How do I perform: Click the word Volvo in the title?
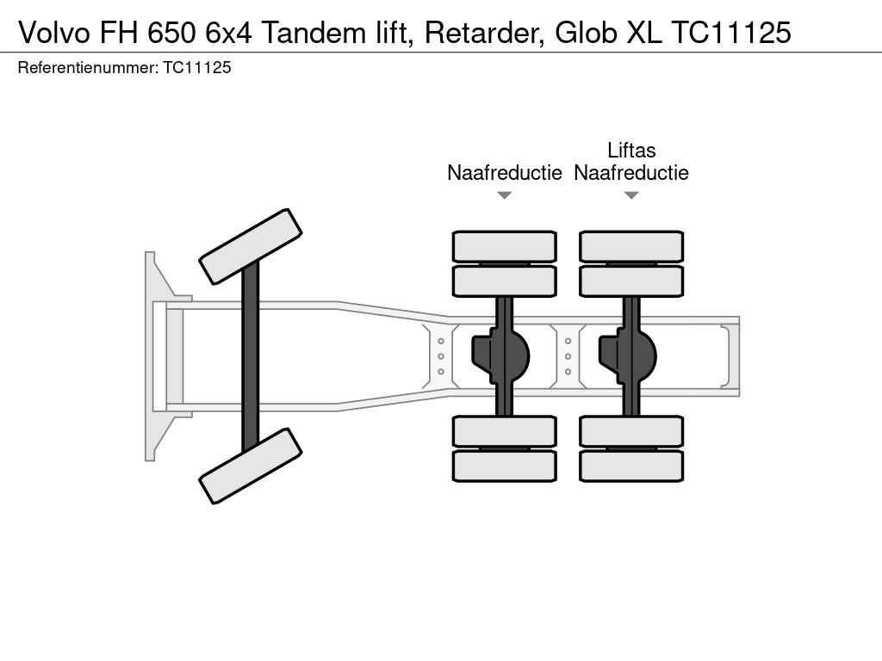[x=54, y=33]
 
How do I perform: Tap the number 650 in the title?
[x=172, y=33]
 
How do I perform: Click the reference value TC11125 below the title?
[x=197, y=67]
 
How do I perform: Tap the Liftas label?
[x=631, y=150]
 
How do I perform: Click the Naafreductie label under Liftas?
[x=631, y=172]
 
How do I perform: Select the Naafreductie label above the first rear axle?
[x=505, y=172]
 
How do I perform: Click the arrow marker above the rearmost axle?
[x=631, y=195]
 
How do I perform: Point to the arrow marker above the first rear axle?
[x=505, y=195]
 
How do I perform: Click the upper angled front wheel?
[x=251, y=247]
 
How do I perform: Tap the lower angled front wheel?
[x=251, y=466]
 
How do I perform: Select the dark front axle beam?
[x=251, y=356]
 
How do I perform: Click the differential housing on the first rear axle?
[x=500, y=356]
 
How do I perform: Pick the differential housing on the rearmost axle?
[x=627, y=356]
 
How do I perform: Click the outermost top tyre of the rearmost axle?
[x=631, y=246]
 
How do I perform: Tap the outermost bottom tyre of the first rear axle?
[x=505, y=466]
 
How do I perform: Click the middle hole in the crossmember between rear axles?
[x=568, y=356]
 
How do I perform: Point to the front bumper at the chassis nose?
[x=150, y=356]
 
